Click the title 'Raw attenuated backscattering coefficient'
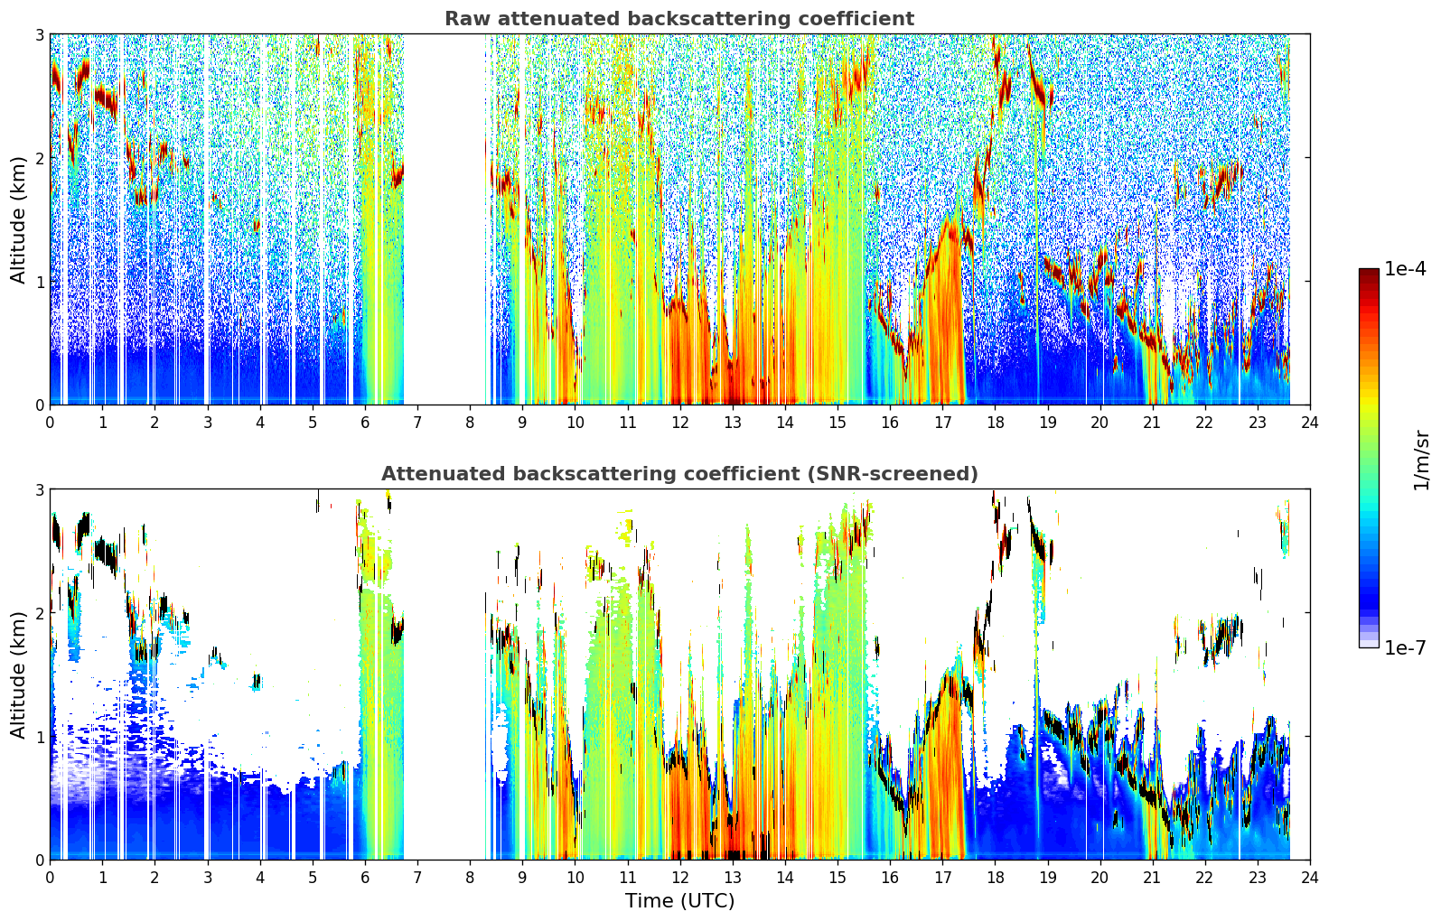(679, 19)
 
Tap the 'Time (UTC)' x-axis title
(679, 900)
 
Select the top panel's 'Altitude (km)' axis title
(18, 220)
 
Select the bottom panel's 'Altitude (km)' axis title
(18, 674)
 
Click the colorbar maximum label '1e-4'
(1405, 269)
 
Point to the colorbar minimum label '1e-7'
(1405, 647)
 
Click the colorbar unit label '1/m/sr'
(1422, 460)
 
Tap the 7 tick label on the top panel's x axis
(417, 423)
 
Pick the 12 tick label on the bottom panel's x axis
(680, 878)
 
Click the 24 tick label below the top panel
(1310, 423)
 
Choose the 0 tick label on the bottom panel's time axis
(51, 878)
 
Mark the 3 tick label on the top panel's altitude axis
(39, 34)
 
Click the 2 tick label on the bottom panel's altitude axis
(39, 613)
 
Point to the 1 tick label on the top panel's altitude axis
(39, 282)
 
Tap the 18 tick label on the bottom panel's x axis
(996, 878)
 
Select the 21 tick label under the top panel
(1152, 423)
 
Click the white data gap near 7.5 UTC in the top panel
(444, 219)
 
